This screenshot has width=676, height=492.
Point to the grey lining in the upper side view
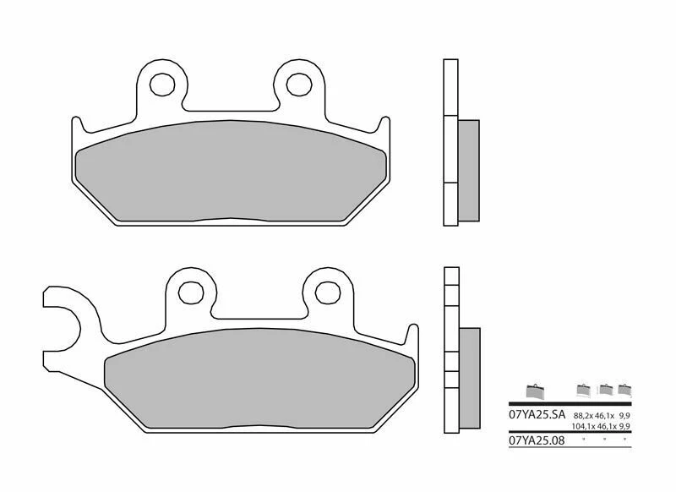468,170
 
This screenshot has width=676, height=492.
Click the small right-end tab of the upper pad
384,131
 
